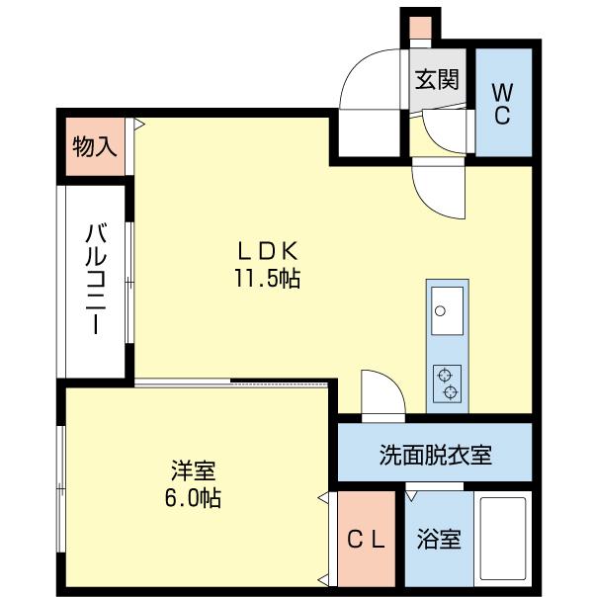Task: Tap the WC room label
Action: click(x=501, y=102)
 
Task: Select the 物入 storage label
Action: click(x=95, y=148)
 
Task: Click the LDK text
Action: click(x=266, y=250)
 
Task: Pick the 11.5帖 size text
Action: click(x=266, y=279)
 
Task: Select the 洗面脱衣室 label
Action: click(x=435, y=456)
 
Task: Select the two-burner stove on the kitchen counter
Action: click(x=447, y=384)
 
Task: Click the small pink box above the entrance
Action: click(x=421, y=27)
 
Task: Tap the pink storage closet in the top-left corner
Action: click(x=95, y=147)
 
